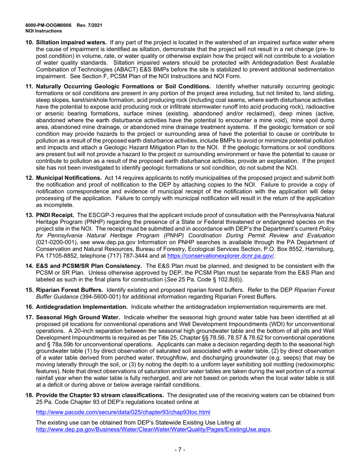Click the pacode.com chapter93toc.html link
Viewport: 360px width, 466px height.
[123, 412]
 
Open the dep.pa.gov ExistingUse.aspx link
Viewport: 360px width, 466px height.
[153, 429]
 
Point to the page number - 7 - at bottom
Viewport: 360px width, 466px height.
[180, 450]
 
